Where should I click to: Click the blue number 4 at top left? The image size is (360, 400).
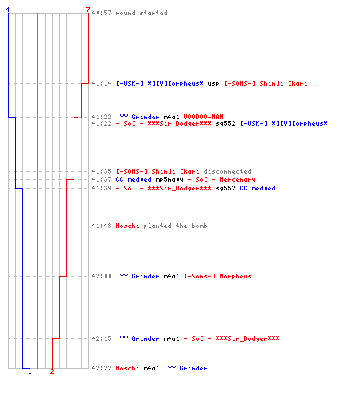(x=8, y=10)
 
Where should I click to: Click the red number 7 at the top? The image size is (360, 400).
(x=88, y=10)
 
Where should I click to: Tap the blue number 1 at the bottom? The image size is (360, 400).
(x=30, y=371)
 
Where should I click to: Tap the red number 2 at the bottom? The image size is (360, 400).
(x=52, y=371)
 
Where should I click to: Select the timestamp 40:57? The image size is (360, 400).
(x=102, y=13)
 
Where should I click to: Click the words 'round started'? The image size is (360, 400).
(x=142, y=13)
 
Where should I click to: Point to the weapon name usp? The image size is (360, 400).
(x=214, y=84)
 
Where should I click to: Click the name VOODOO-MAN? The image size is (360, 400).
(x=203, y=117)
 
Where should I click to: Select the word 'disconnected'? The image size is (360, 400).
(x=227, y=171)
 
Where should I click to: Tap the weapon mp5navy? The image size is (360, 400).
(x=170, y=179)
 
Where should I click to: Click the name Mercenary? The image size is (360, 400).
(x=238, y=179)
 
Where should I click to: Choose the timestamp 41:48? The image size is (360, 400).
(x=102, y=226)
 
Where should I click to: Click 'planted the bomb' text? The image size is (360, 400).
(x=175, y=226)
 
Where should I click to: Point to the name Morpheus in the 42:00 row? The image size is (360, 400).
(x=235, y=276)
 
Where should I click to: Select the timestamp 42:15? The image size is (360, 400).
(x=102, y=338)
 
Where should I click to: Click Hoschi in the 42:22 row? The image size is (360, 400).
(x=127, y=368)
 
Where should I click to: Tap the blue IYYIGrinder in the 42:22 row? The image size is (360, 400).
(x=186, y=368)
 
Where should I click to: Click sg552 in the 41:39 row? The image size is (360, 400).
(x=226, y=188)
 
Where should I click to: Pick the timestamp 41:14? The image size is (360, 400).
(x=102, y=83)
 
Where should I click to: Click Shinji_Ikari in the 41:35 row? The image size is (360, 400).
(x=175, y=171)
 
